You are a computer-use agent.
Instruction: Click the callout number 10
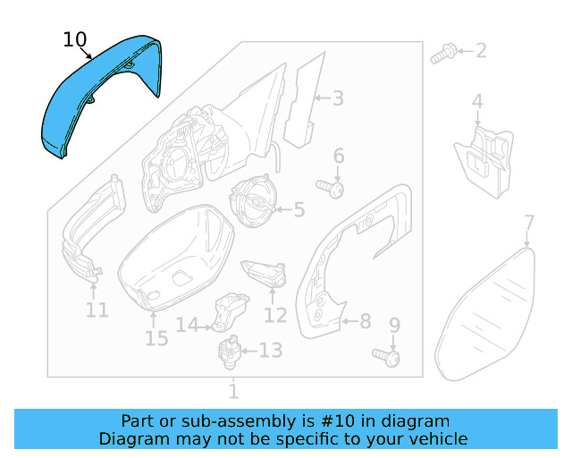pos(75,39)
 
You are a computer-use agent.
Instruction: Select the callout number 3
pos(338,98)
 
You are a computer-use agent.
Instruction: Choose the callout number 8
pos(365,319)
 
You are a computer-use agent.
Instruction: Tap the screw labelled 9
pos(389,358)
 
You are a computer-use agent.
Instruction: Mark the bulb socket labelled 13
pos(231,349)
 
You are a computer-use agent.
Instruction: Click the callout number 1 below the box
pos(233,391)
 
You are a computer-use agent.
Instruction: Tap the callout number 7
pos(529,223)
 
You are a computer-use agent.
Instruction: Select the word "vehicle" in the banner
pos(437,439)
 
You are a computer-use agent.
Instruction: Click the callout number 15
pos(156,337)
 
